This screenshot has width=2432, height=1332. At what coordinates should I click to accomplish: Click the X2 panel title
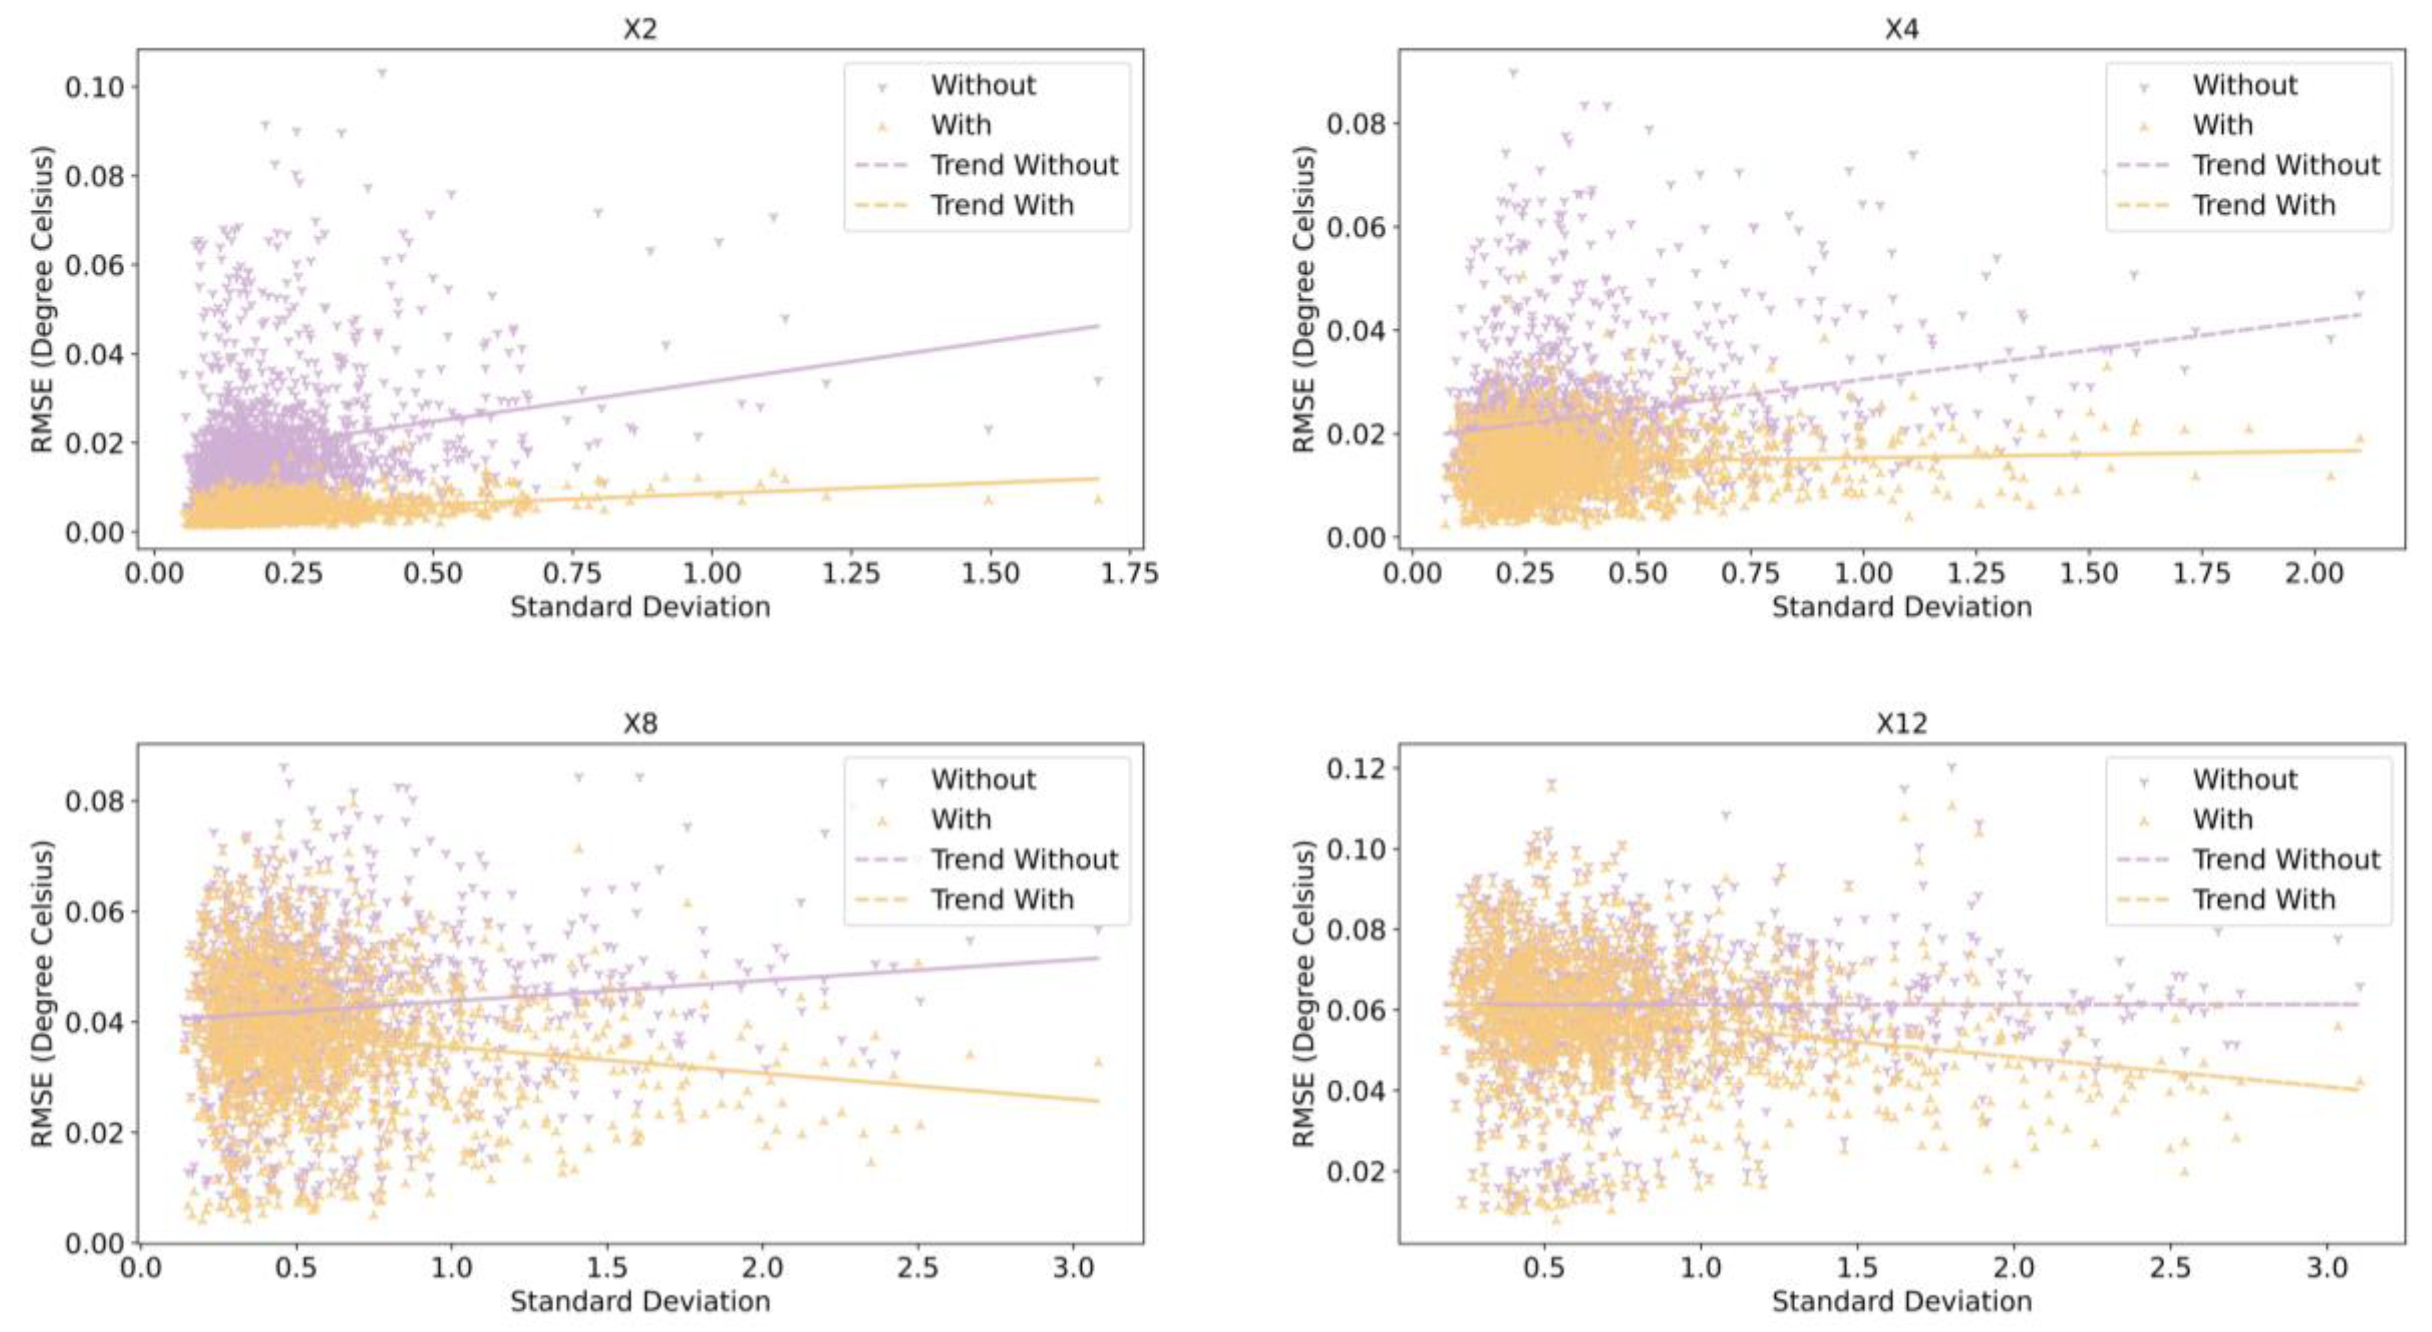[x=639, y=29]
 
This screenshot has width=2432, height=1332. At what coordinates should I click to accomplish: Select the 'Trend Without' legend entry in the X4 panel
[x=2286, y=165]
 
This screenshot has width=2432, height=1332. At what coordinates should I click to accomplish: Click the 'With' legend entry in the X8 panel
[x=960, y=820]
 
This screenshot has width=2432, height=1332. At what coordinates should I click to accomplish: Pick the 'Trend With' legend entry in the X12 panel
[x=2263, y=900]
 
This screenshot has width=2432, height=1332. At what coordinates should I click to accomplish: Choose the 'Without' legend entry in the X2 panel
[x=983, y=85]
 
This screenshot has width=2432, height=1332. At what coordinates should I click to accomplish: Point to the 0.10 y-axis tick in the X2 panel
[x=94, y=87]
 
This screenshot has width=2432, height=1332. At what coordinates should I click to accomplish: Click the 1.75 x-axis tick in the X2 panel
[x=1129, y=573]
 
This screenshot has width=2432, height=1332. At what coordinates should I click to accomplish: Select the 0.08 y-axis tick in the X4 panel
[x=1356, y=124]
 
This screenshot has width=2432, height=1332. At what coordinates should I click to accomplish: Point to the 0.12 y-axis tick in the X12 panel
[x=1356, y=768]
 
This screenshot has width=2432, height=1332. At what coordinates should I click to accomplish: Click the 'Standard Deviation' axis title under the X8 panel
[x=639, y=1302]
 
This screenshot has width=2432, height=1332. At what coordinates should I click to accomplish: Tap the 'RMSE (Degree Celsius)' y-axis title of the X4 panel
[x=1304, y=299]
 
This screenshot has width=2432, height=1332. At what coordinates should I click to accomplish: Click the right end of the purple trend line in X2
[x=1098, y=326]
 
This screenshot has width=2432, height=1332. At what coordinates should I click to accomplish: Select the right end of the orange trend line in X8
[x=1098, y=1101]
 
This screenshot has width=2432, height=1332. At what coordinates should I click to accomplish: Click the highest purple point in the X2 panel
[x=382, y=71]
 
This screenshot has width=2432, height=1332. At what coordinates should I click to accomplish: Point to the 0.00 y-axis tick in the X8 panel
[x=94, y=1242]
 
